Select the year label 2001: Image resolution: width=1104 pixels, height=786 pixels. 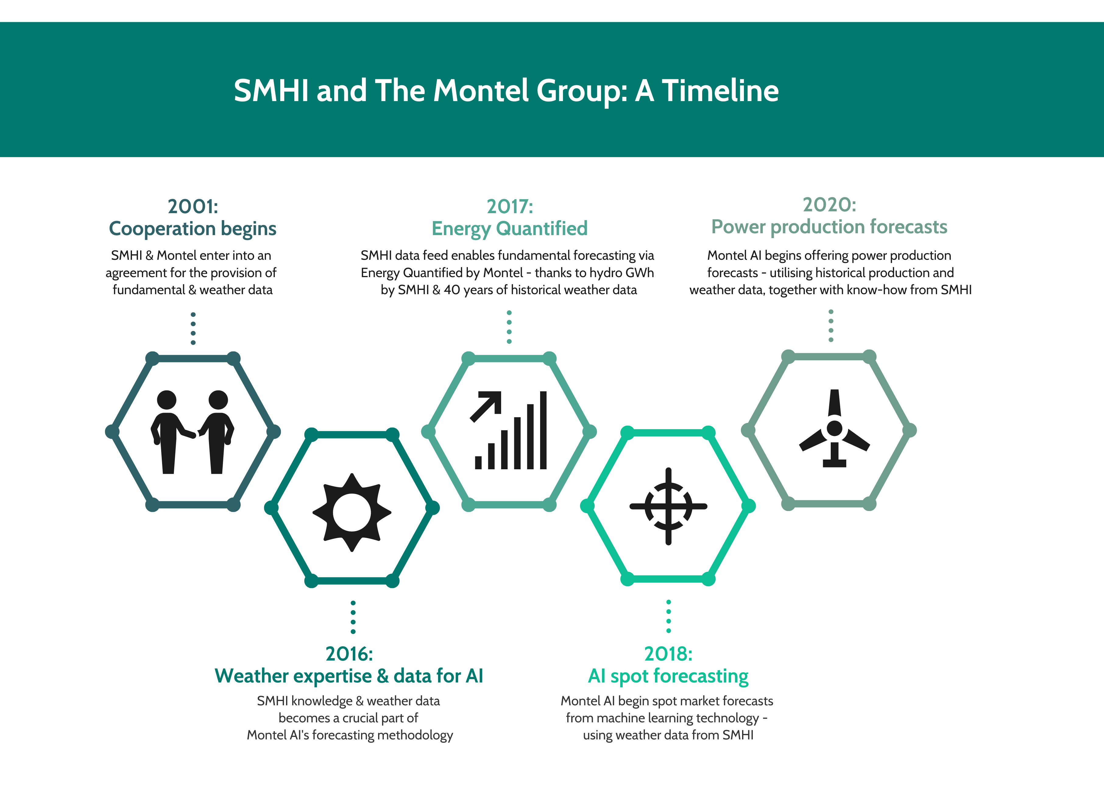click(x=193, y=207)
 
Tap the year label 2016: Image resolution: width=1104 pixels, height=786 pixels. click(x=349, y=654)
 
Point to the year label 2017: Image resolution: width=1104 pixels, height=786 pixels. click(x=510, y=207)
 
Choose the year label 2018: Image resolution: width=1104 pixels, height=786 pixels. click(x=668, y=654)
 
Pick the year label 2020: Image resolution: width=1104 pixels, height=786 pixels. click(x=830, y=205)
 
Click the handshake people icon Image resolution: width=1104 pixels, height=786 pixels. click(x=192, y=432)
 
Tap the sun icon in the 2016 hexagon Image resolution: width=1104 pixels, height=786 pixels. click(x=352, y=513)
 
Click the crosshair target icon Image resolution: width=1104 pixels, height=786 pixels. click(x=668, y=506)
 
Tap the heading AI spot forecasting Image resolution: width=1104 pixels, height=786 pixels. click(x=668, y=676)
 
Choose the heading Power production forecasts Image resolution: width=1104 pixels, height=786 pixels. click(x=830, y=227)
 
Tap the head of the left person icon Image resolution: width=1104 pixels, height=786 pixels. click(x=167, y=400)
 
